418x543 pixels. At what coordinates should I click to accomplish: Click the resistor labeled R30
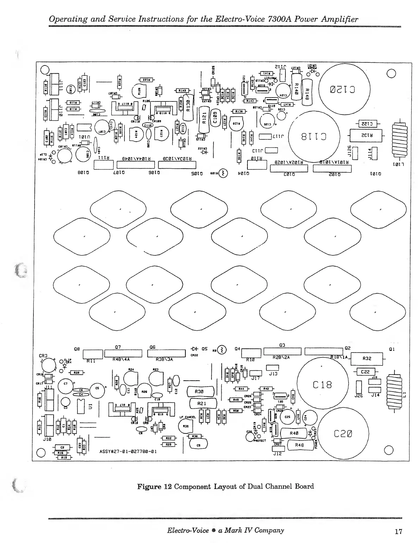coord(202,392)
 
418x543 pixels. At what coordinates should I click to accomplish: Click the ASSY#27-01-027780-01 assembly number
coord(128,451)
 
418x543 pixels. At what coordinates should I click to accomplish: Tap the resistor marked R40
coord(294,433)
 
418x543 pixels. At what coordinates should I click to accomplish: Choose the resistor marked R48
coord(299,445)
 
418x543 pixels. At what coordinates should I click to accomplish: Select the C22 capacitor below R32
coord(365,372)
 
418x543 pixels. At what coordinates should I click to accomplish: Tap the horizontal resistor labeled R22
coord(168,438)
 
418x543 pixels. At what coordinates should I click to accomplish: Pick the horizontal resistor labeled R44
coord(241,389)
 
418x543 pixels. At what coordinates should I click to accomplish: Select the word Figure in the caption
coord(149,486)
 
